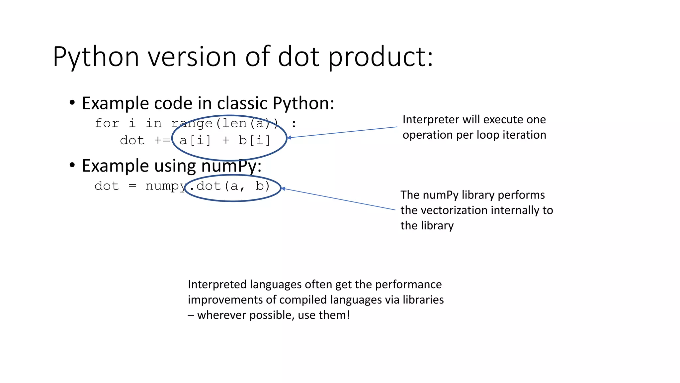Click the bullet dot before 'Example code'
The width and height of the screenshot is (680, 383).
click(72, 102)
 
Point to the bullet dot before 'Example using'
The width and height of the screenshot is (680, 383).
click(72, 165)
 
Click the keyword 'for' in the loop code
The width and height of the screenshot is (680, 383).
click(107, 123)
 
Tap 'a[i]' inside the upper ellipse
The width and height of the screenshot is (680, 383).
click(195, 140)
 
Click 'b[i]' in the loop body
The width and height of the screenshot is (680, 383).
click(254, 140)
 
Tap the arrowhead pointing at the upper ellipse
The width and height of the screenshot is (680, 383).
click(289, 137)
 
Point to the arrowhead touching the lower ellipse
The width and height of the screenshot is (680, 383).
click(283, 189)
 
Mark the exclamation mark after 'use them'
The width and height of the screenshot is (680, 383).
click(348, 315)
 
